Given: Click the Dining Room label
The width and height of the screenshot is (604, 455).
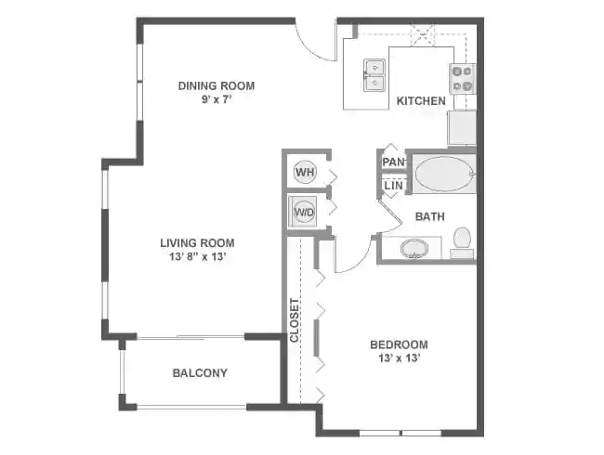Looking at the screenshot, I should (217, 86).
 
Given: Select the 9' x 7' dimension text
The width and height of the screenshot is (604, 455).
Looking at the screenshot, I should (217, 99).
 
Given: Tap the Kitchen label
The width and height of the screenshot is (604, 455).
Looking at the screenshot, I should (421, 101).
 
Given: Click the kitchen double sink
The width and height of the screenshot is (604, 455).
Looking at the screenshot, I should (375, 75).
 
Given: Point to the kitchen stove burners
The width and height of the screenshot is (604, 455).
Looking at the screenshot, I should (462, 78).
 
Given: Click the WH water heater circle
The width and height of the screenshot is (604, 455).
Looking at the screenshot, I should (304, 172).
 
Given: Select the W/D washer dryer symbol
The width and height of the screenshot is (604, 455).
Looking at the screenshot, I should (304, 211).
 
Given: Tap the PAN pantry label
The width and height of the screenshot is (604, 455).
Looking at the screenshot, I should (393, 162).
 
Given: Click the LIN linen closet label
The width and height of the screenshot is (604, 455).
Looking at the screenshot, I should (393, 186).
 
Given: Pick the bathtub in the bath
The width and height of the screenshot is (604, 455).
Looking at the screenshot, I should (444, 173).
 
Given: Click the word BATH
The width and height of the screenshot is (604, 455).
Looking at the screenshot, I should (429, 217).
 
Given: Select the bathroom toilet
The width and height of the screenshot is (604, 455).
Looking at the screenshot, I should (462, 242).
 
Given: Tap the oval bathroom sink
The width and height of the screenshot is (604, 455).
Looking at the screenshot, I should (414, 249).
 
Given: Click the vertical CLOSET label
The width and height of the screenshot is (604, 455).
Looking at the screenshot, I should (295, 320).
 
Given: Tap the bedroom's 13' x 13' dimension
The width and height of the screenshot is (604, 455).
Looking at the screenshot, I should (398, 358).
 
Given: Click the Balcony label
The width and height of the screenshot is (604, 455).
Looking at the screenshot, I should (200, 373).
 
